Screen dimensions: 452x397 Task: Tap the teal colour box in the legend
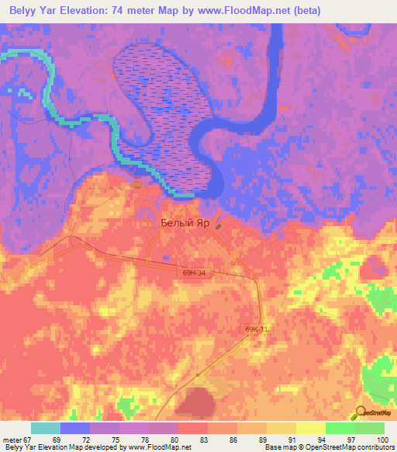tap(46, 428)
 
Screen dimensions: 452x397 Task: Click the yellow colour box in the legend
tap(311, 428)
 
